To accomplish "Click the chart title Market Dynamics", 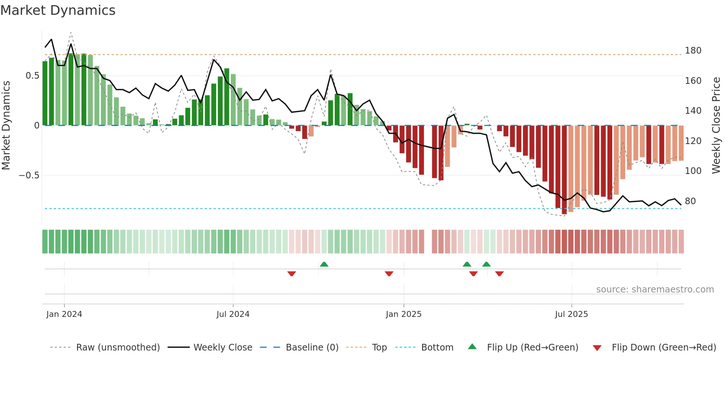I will [58, 10].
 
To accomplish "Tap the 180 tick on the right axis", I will [693, 51].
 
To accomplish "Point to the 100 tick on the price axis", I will [693, 171].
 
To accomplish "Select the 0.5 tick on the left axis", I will [33, 76].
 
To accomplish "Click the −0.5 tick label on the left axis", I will [29, 175].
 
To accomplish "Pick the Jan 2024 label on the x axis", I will [64, 314].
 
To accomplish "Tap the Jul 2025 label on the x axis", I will [571, 314].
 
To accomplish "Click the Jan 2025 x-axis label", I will [403, 314].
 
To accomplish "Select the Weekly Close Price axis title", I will [716, 126].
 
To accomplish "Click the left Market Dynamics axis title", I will [6, 126].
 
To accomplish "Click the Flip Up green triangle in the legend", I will [472, 347].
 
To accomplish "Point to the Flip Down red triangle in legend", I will [597, 348].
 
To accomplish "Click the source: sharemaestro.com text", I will [655, 290].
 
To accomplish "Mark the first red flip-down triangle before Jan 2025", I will [291, 274].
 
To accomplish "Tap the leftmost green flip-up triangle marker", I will [324, 264].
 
